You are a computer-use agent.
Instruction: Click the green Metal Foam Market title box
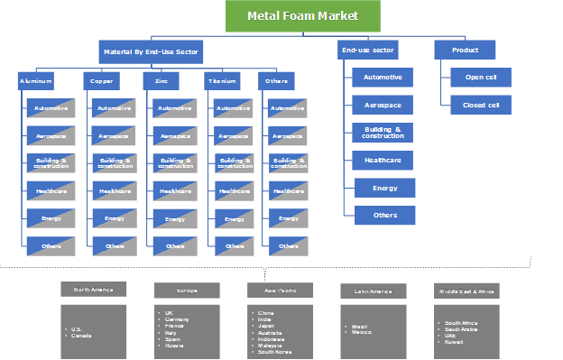[302, 16]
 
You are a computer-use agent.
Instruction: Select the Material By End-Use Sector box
[151, 50]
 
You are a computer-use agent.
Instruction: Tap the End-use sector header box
[369, 50]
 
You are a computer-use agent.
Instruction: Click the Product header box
[465, 50]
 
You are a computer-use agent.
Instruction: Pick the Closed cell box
[481, 105]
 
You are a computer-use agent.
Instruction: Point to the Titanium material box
[222, 80]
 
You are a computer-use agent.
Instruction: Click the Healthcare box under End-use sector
[383, 160]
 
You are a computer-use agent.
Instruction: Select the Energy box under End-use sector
[383, 188]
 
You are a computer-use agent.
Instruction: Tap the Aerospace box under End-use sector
[383, 105]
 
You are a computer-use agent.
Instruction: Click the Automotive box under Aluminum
[51, 108]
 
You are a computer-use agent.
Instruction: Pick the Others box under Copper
[115, 245]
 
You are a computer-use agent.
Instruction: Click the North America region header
[94, 290]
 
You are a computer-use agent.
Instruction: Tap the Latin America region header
[371, 291]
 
